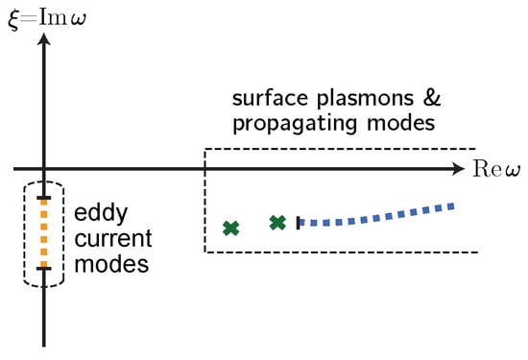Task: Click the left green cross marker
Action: click(230, 228)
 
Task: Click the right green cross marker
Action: click(277, 223)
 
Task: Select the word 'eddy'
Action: click(97, 216)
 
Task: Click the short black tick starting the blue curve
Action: click(299, 223)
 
